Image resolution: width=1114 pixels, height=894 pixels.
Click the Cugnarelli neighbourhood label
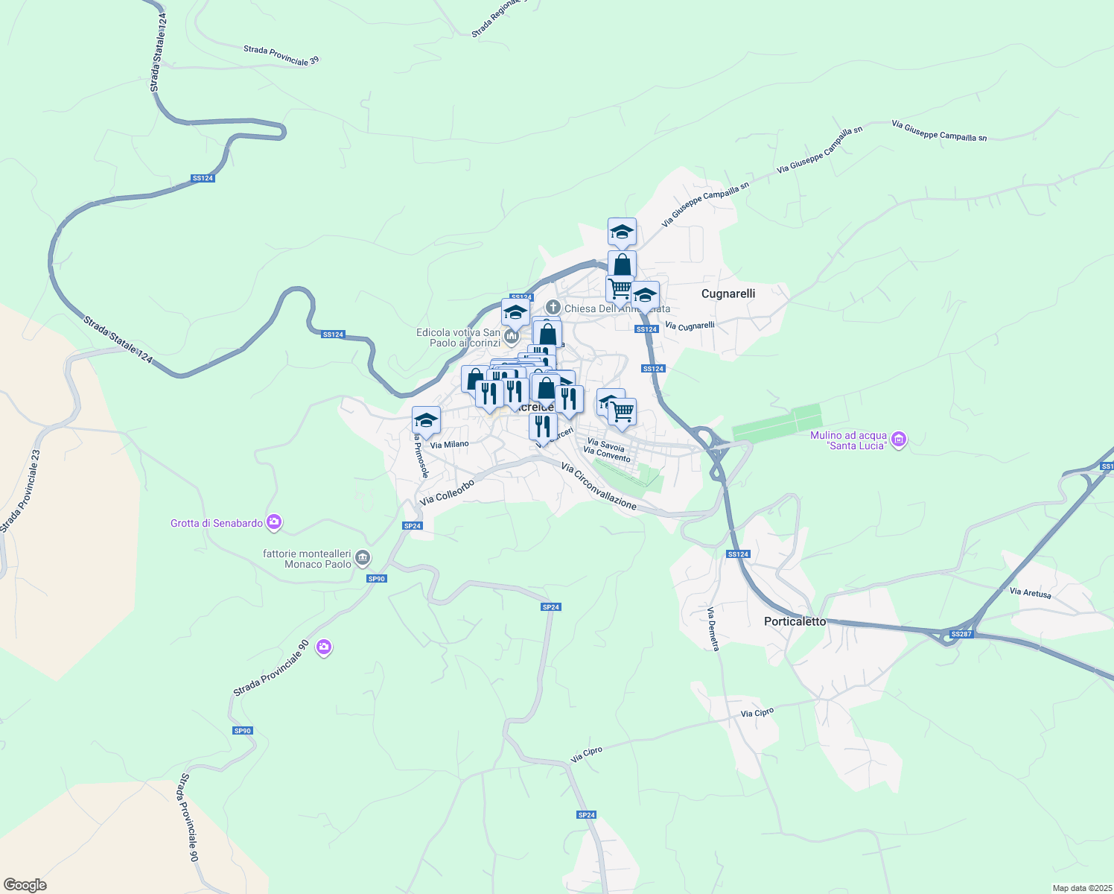[728, 294]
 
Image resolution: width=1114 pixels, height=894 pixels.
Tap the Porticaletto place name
[795, 621]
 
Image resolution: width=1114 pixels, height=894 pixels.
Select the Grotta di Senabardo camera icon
[274, 522]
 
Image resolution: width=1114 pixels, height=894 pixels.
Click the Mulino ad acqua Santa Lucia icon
[899, 440]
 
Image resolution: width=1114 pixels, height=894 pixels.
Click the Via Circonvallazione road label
[599, 486]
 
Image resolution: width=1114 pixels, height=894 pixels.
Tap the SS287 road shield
[961, 634]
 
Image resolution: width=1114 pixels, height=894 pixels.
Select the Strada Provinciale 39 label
[281, 55]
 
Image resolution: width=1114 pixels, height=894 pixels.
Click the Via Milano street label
[450, 445]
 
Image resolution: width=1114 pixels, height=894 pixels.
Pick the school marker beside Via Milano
[426, 420]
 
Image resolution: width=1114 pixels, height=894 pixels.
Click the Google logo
[25, 884]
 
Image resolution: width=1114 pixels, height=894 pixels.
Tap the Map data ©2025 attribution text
[1082, 888]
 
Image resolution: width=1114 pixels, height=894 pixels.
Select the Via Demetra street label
[713, 629]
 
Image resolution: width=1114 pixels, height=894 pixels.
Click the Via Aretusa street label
[1030, 593]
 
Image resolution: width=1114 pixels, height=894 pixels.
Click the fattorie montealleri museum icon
[362, 557]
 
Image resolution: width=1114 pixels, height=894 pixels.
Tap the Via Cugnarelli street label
[690, 326]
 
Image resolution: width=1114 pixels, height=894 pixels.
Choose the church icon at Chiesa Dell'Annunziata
[553, 307]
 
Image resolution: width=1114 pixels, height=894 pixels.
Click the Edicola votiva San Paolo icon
[511, 337]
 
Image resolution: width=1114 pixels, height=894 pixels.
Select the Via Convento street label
[606, 454]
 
